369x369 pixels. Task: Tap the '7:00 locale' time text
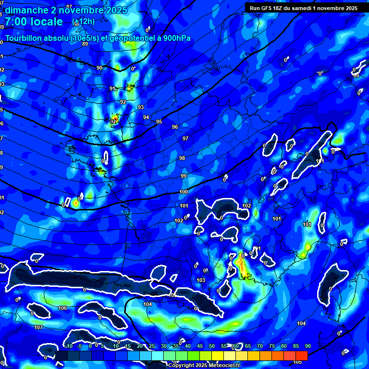coord(34,22)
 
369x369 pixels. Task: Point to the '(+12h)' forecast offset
coord(83,22)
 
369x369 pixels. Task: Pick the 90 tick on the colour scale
coord(307,346)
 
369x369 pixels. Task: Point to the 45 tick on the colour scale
coord(200,346)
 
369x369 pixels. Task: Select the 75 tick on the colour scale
coord(271,346)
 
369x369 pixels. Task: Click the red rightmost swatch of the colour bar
coord(301,355)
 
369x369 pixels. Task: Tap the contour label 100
coord(184,192)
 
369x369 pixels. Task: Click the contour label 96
coord(175,127)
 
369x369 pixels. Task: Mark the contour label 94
coord(146,118)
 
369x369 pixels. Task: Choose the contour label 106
coord(62,308)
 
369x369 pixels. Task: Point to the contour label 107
coord(38,327)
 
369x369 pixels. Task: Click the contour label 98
coord(182,159)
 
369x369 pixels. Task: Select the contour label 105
coord(297,362)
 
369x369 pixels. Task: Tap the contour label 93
coord(141,107)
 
